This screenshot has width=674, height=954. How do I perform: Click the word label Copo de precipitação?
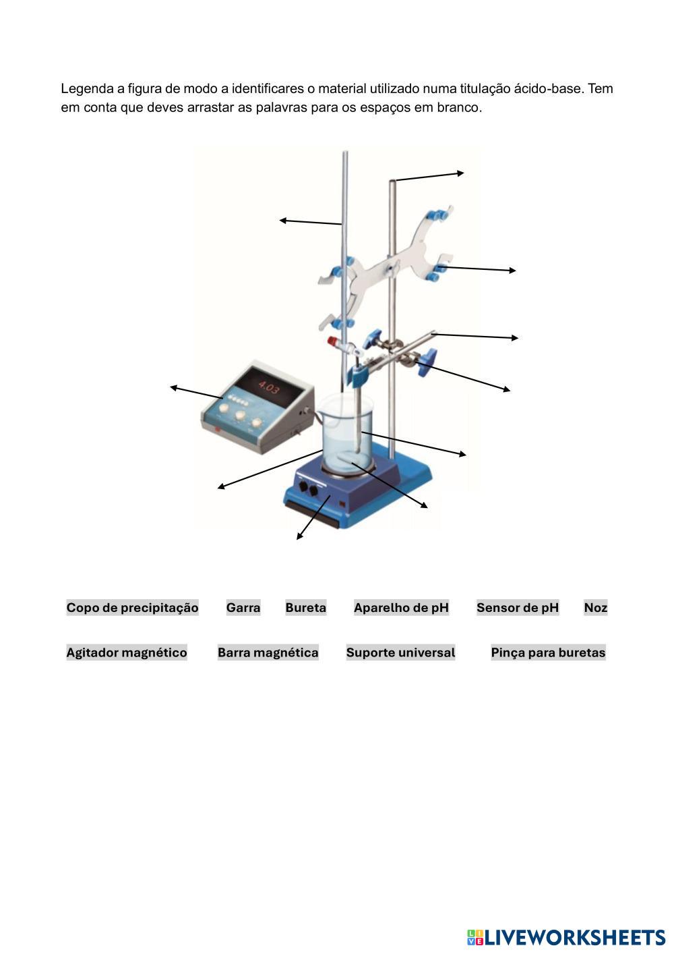coord(132,608)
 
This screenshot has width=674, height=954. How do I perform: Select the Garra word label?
coord(243,608)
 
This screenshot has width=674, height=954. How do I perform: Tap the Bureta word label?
coord(305,608)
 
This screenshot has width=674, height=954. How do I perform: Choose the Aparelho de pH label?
coord(401,608)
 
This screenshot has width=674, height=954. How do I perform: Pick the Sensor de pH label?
coord(518,608)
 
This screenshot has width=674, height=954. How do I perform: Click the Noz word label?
coord(595,608)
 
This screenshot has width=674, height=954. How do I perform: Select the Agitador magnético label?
coord(127,652)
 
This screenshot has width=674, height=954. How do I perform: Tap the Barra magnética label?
coord(268,652)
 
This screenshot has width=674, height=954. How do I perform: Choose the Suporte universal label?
coord(400,652)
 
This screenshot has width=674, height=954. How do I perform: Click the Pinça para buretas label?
coord(548,652)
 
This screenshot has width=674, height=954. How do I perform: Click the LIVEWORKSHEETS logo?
coord(566,937)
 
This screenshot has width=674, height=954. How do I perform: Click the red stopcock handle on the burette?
coord(333,341)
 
